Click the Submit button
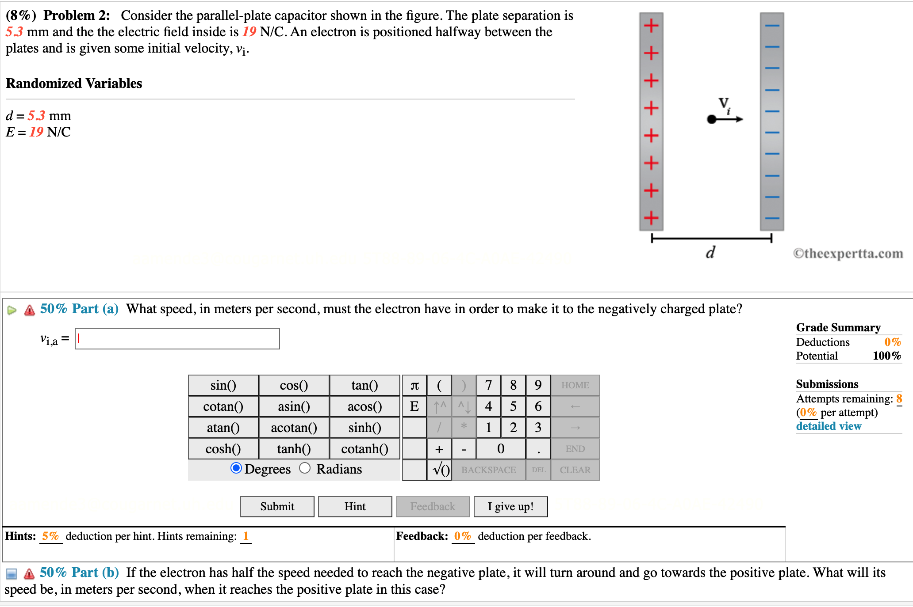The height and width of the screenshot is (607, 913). (277, 506)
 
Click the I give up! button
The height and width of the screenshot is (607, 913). (510, 506)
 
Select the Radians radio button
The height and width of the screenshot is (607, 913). (305, 468)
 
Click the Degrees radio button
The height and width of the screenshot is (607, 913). (236, 468)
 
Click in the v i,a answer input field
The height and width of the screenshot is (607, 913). (177, 339)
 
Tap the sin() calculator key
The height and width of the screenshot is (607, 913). (223, 385)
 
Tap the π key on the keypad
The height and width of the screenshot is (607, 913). (414, 385)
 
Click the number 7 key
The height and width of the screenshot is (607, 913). (488, 385)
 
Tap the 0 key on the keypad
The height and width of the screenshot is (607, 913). (501, 449)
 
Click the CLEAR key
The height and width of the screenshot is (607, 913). (575, 470)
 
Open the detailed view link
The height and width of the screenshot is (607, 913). (829, 426)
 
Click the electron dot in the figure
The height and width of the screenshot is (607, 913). (711, 119)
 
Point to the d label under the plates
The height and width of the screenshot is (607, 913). (710, 252)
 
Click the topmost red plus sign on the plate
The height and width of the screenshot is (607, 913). (651, 26)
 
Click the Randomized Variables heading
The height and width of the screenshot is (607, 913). (74, 83)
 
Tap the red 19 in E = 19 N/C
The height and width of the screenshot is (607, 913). (36, 132)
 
